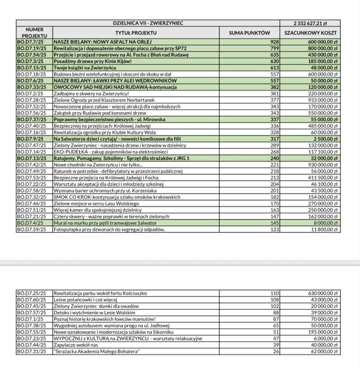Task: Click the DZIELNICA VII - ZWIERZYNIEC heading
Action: click(148, 23)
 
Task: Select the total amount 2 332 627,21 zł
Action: click(310, 23)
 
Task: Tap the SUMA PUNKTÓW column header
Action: click(249, 33)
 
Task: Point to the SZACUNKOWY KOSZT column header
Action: click(310, 33)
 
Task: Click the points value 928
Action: click(274, 42)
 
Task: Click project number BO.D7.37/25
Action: click(33, 119)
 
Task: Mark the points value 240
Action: click(275, 158)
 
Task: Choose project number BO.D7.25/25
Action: click(33, 293)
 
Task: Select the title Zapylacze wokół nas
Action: click(75, 345)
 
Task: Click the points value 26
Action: click(276, 351)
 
